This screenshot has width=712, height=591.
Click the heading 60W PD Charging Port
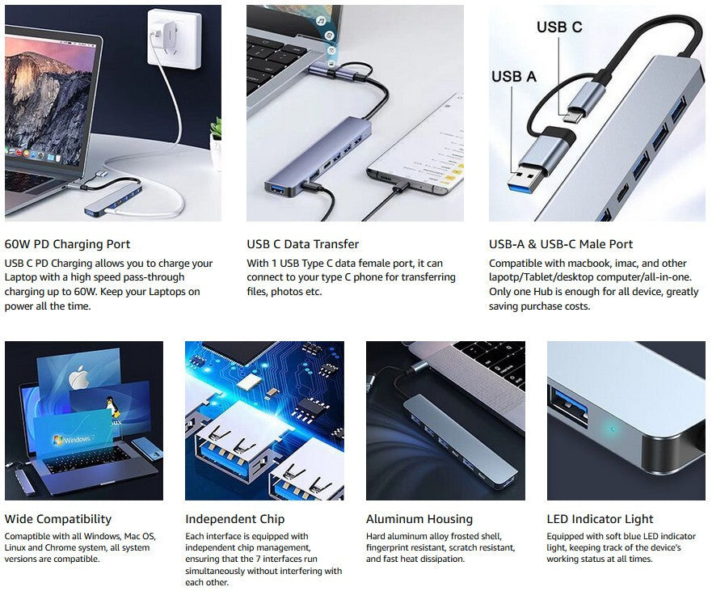pos(67,244)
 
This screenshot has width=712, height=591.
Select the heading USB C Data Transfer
pos(302,244)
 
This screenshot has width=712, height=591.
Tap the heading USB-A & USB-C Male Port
pos(561,244)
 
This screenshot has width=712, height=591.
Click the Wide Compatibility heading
pos(58,519)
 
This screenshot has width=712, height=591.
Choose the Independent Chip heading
pos(234,519)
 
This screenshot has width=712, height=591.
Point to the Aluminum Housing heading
pos(419,519)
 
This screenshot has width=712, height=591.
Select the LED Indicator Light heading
pos(600,519)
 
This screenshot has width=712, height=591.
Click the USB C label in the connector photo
pos(559,27)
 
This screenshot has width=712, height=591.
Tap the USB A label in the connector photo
pos(514,77)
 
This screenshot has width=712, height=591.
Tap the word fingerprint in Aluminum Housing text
pos(394,548)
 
